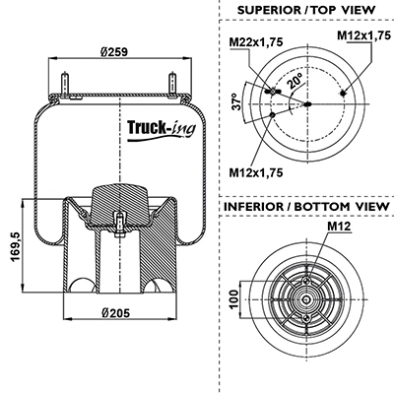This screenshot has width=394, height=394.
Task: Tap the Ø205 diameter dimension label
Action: [x=115, y=313]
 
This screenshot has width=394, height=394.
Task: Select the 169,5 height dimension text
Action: [x=17, y=246]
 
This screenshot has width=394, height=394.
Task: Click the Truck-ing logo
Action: [x=162, y=130]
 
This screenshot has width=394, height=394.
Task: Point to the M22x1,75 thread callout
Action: [x=256, y=41]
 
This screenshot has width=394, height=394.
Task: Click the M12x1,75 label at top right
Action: [x=364, y=35]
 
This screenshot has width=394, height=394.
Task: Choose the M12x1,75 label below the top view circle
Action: [x=256, y=172]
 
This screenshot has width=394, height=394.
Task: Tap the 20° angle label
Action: [x=295, y=82]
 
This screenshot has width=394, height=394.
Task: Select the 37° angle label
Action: [x=236, y=101]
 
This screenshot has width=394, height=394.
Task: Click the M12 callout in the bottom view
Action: [x=339, y=226]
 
